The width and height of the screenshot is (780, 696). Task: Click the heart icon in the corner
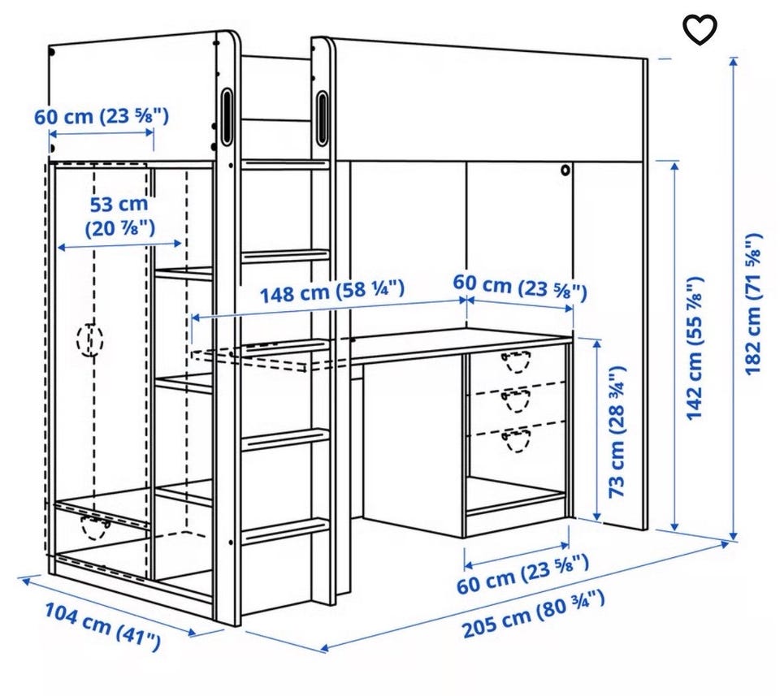point(700,29)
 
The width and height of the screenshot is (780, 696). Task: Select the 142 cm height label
point(695,348)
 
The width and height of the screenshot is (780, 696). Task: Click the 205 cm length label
point(534,614)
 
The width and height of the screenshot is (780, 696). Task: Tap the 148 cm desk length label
point(332,292)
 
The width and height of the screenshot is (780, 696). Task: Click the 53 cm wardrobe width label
point(119,216)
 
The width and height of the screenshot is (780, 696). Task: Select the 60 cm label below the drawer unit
point(522,575)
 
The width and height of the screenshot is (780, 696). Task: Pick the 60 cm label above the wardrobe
point(102,116)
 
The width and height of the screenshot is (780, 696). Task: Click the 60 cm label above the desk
point(520,287)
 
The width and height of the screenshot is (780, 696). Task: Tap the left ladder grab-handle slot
point(227,116)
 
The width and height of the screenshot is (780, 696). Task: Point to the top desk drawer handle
point(516,361)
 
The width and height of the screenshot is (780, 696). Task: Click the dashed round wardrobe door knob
point(90,340)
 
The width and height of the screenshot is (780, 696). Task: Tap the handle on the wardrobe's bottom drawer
point(95,528)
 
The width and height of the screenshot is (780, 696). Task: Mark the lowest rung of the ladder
point(285,531)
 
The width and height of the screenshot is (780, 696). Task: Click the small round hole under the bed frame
point(565,170)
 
